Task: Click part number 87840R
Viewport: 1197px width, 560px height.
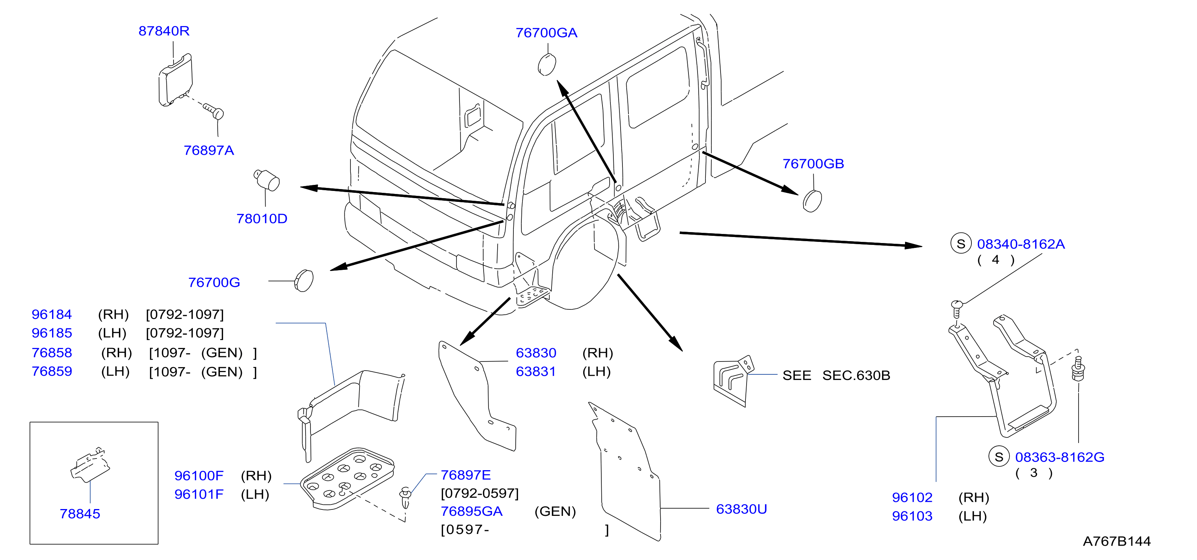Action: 164,31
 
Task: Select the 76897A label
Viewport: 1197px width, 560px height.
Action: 209,151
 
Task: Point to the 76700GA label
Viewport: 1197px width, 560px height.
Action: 547,33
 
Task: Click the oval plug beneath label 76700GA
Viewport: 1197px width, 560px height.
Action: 547,65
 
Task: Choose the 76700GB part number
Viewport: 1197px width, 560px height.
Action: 813,164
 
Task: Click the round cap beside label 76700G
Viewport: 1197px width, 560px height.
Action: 304,281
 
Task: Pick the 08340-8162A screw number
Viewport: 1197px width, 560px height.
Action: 1021,245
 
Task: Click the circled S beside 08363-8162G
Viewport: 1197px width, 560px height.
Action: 999,457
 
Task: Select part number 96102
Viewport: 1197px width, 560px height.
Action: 912,498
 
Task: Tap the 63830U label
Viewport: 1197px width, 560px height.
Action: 742,509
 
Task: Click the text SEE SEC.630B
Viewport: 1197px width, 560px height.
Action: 836,375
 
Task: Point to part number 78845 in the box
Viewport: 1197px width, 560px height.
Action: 80,514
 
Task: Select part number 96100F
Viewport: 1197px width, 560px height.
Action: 199,476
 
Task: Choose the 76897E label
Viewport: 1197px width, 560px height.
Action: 466,475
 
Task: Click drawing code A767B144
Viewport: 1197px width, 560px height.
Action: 1117,542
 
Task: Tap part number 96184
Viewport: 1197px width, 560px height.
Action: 52,315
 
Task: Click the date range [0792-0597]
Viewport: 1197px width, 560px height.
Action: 479,494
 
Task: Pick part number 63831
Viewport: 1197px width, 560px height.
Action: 536,372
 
